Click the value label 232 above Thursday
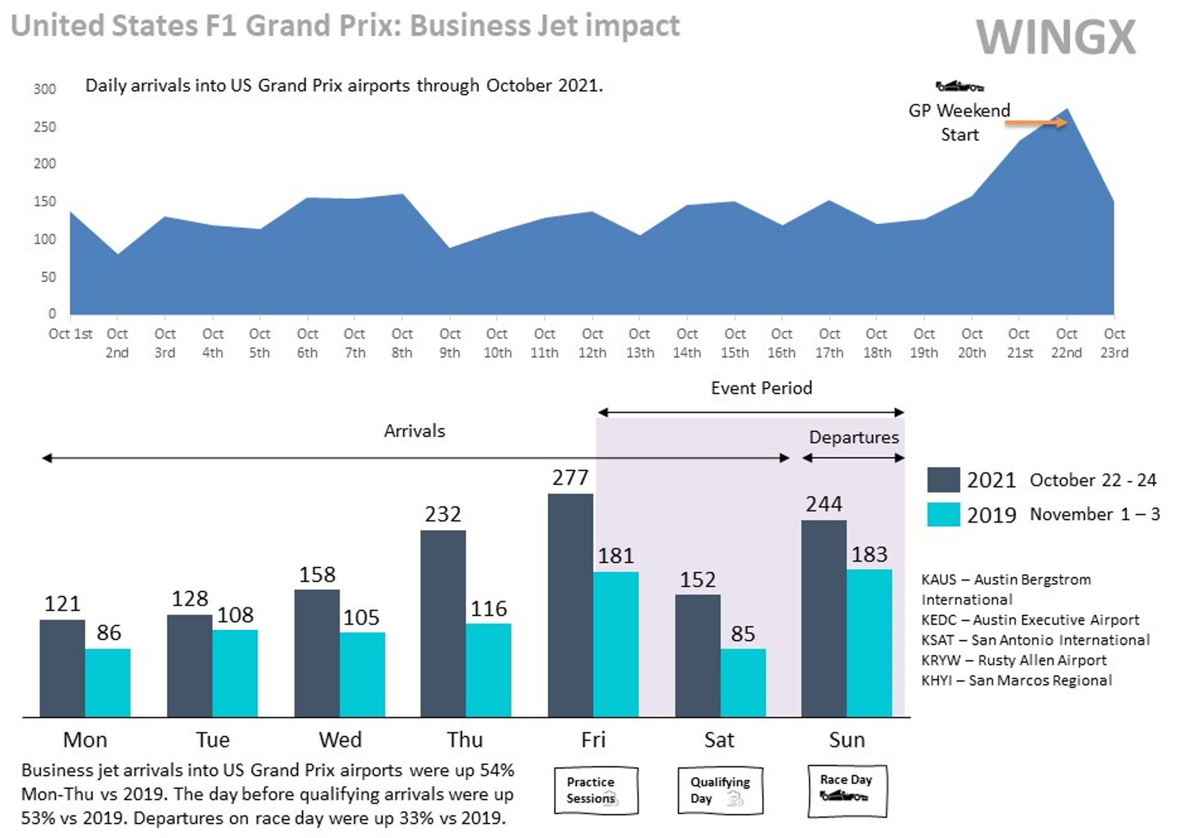pos(443,514)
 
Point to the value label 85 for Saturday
pos(743,633)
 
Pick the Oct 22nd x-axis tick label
pos(1066,343)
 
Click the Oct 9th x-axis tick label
pos(450,343)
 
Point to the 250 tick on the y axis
pos(45,127)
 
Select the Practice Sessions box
pos(595,790)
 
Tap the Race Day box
pos(847,790)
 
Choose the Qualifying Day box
pos(720,790)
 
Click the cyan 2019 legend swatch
pos(943,514)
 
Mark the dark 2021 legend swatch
pos(943,479)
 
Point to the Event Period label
pos(761,388)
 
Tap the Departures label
pos(854,437)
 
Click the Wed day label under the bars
pos(340,739)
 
